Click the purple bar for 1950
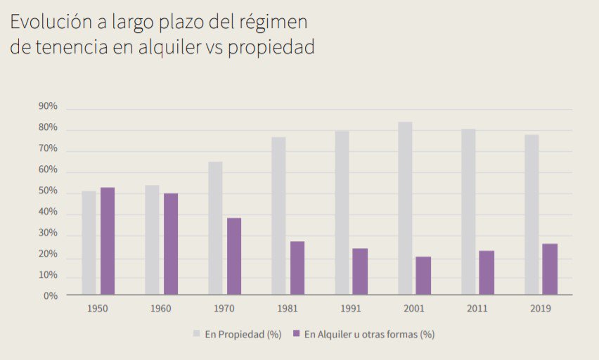108,240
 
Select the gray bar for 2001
405,208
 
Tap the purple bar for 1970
234,256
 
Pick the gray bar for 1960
152,240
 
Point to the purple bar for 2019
550,269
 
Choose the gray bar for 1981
278,215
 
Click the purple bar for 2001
423,275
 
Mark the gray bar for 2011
468,211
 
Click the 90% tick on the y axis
49,107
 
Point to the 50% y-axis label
49,191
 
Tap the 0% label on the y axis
51,296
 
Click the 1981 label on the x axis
288,309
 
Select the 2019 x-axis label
541,309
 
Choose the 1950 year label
98,309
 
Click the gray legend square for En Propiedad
196,334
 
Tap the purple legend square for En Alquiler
297,334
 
